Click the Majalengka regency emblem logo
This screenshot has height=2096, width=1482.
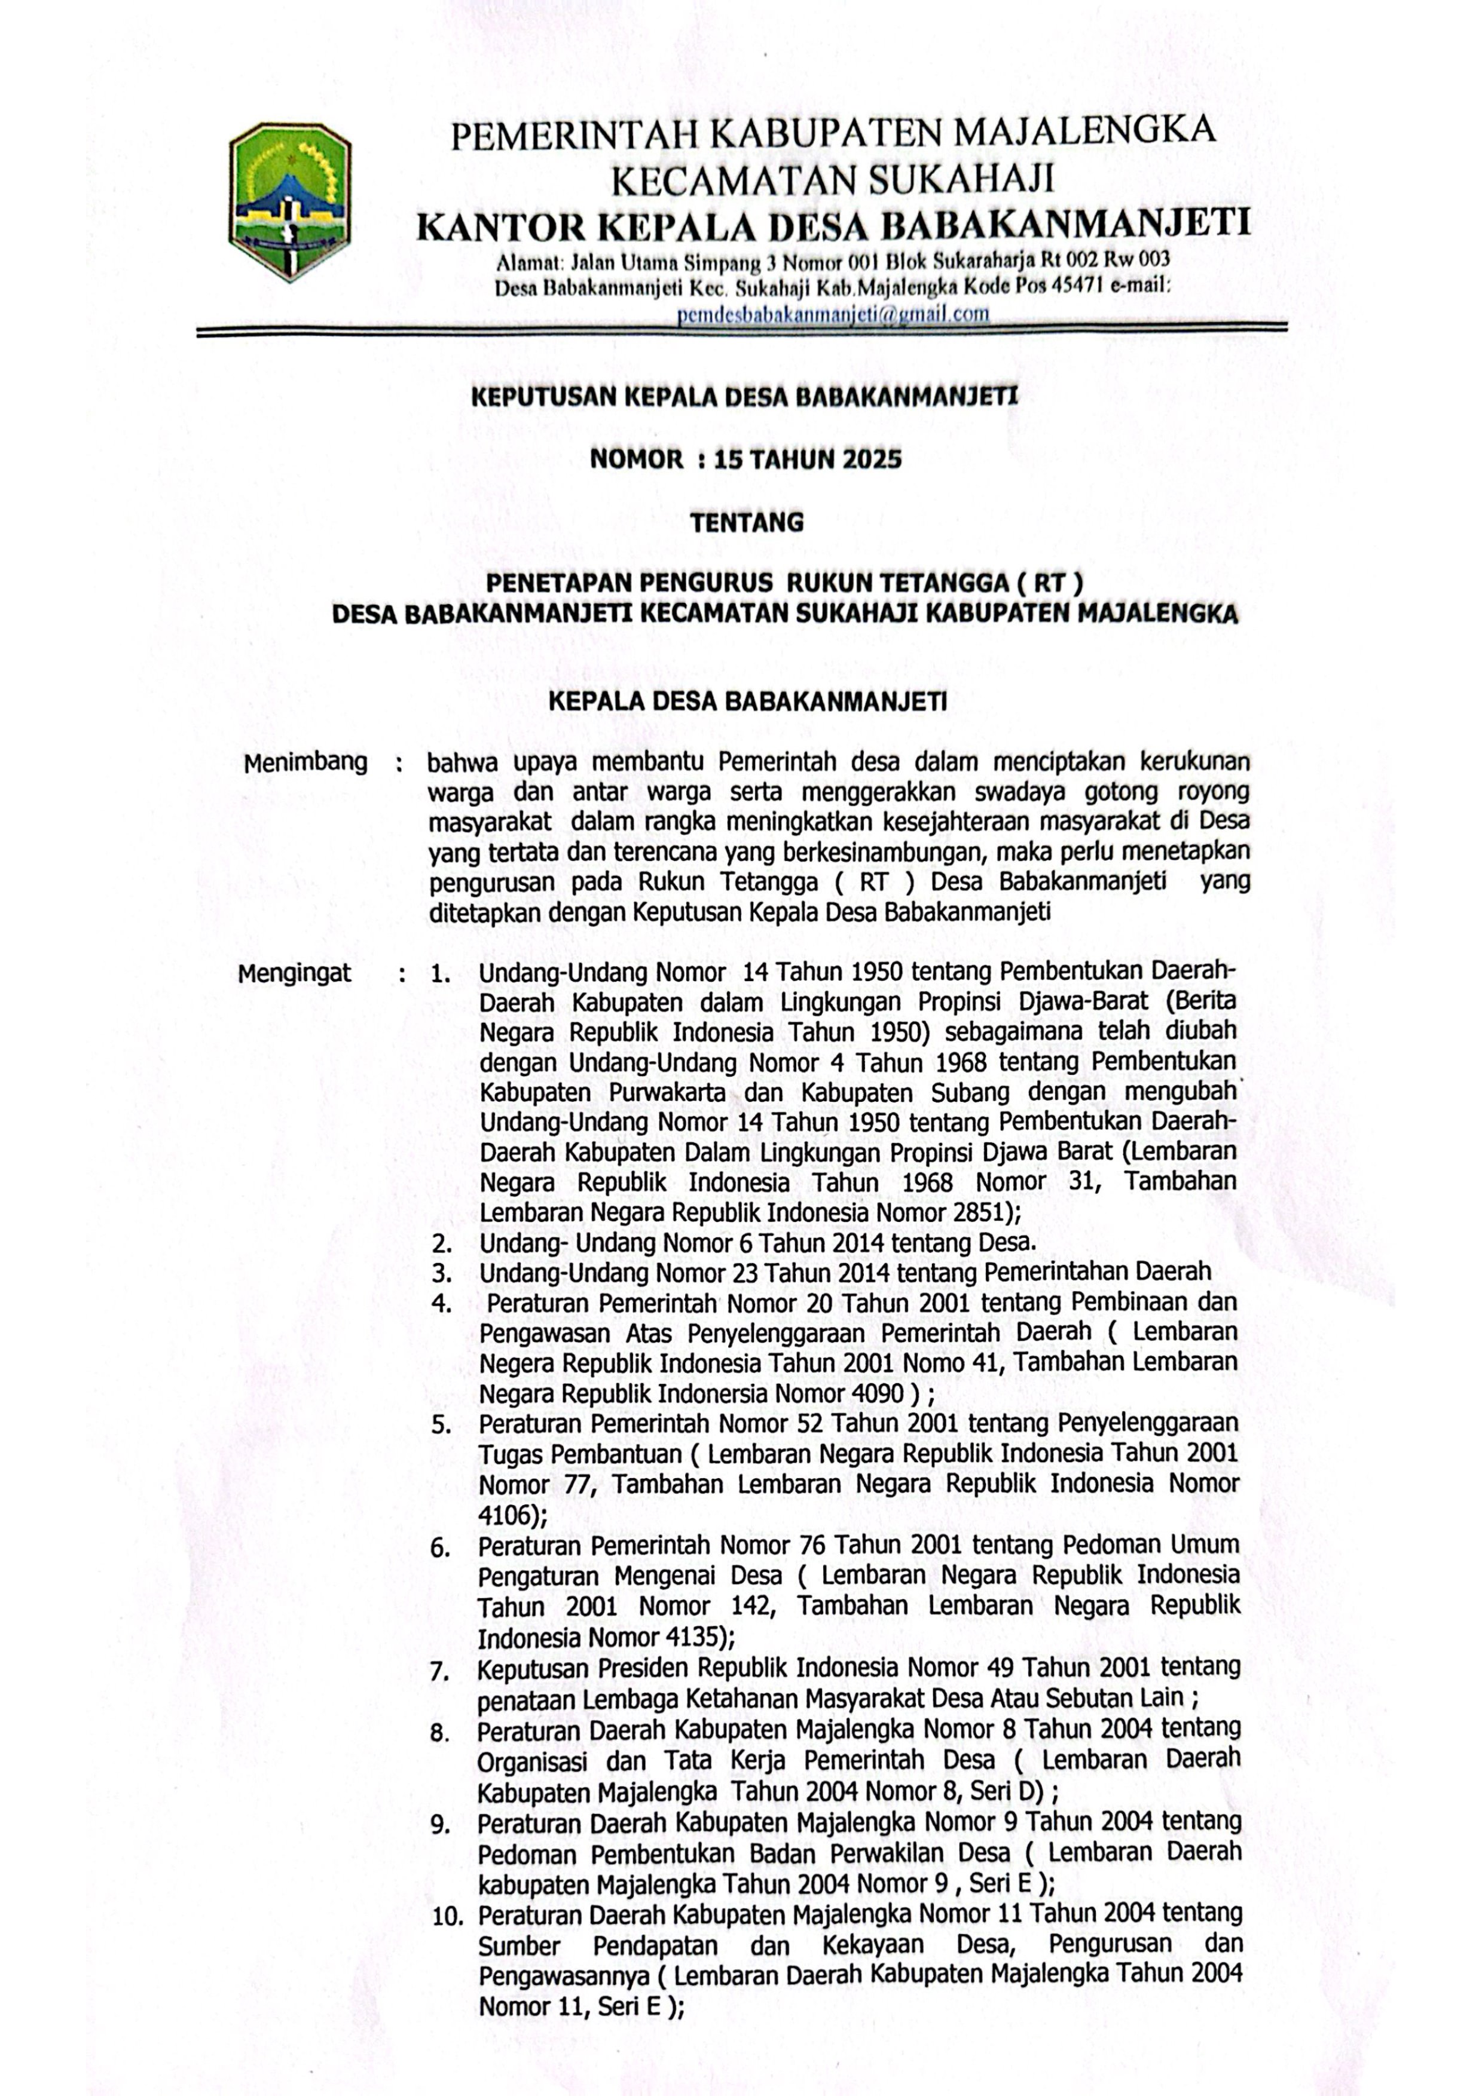pyautogui.click(x=289, y=202)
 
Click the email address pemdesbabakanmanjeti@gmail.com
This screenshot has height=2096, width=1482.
pyautogui.click(x=833, y=314)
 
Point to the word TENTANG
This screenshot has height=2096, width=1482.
pyautogui.click(x=746, y=523)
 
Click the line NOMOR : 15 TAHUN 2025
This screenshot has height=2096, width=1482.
pyautogui.click(x=745, y=459)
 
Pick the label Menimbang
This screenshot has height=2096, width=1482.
pyautogui.click(x=305, y=762)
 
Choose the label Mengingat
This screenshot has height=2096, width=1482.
pyautogui.click(x=294, y=973)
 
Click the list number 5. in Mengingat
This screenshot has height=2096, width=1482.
pyautogui.click(x=442, y=1424)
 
